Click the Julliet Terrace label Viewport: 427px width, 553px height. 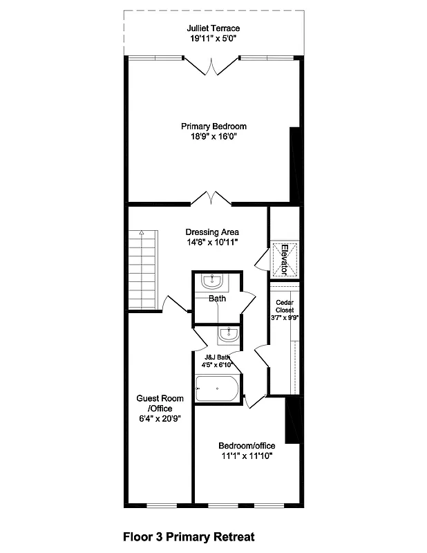(213, 28)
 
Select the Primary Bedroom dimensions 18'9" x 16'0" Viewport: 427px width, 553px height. (213, 137)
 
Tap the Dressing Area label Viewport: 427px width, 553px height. (213, 232)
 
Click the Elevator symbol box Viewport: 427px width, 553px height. (283, 258)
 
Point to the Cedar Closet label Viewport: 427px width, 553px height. (284, 306)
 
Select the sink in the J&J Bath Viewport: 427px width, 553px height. (228, 336)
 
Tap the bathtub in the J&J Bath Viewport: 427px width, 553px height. (217, 389)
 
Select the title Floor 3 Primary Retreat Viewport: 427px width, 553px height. (189, 536)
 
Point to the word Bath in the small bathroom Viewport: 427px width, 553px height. (217, 299)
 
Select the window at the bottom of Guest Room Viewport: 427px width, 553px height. (159, 503)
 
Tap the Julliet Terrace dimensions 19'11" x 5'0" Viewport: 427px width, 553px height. (213, 39)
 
